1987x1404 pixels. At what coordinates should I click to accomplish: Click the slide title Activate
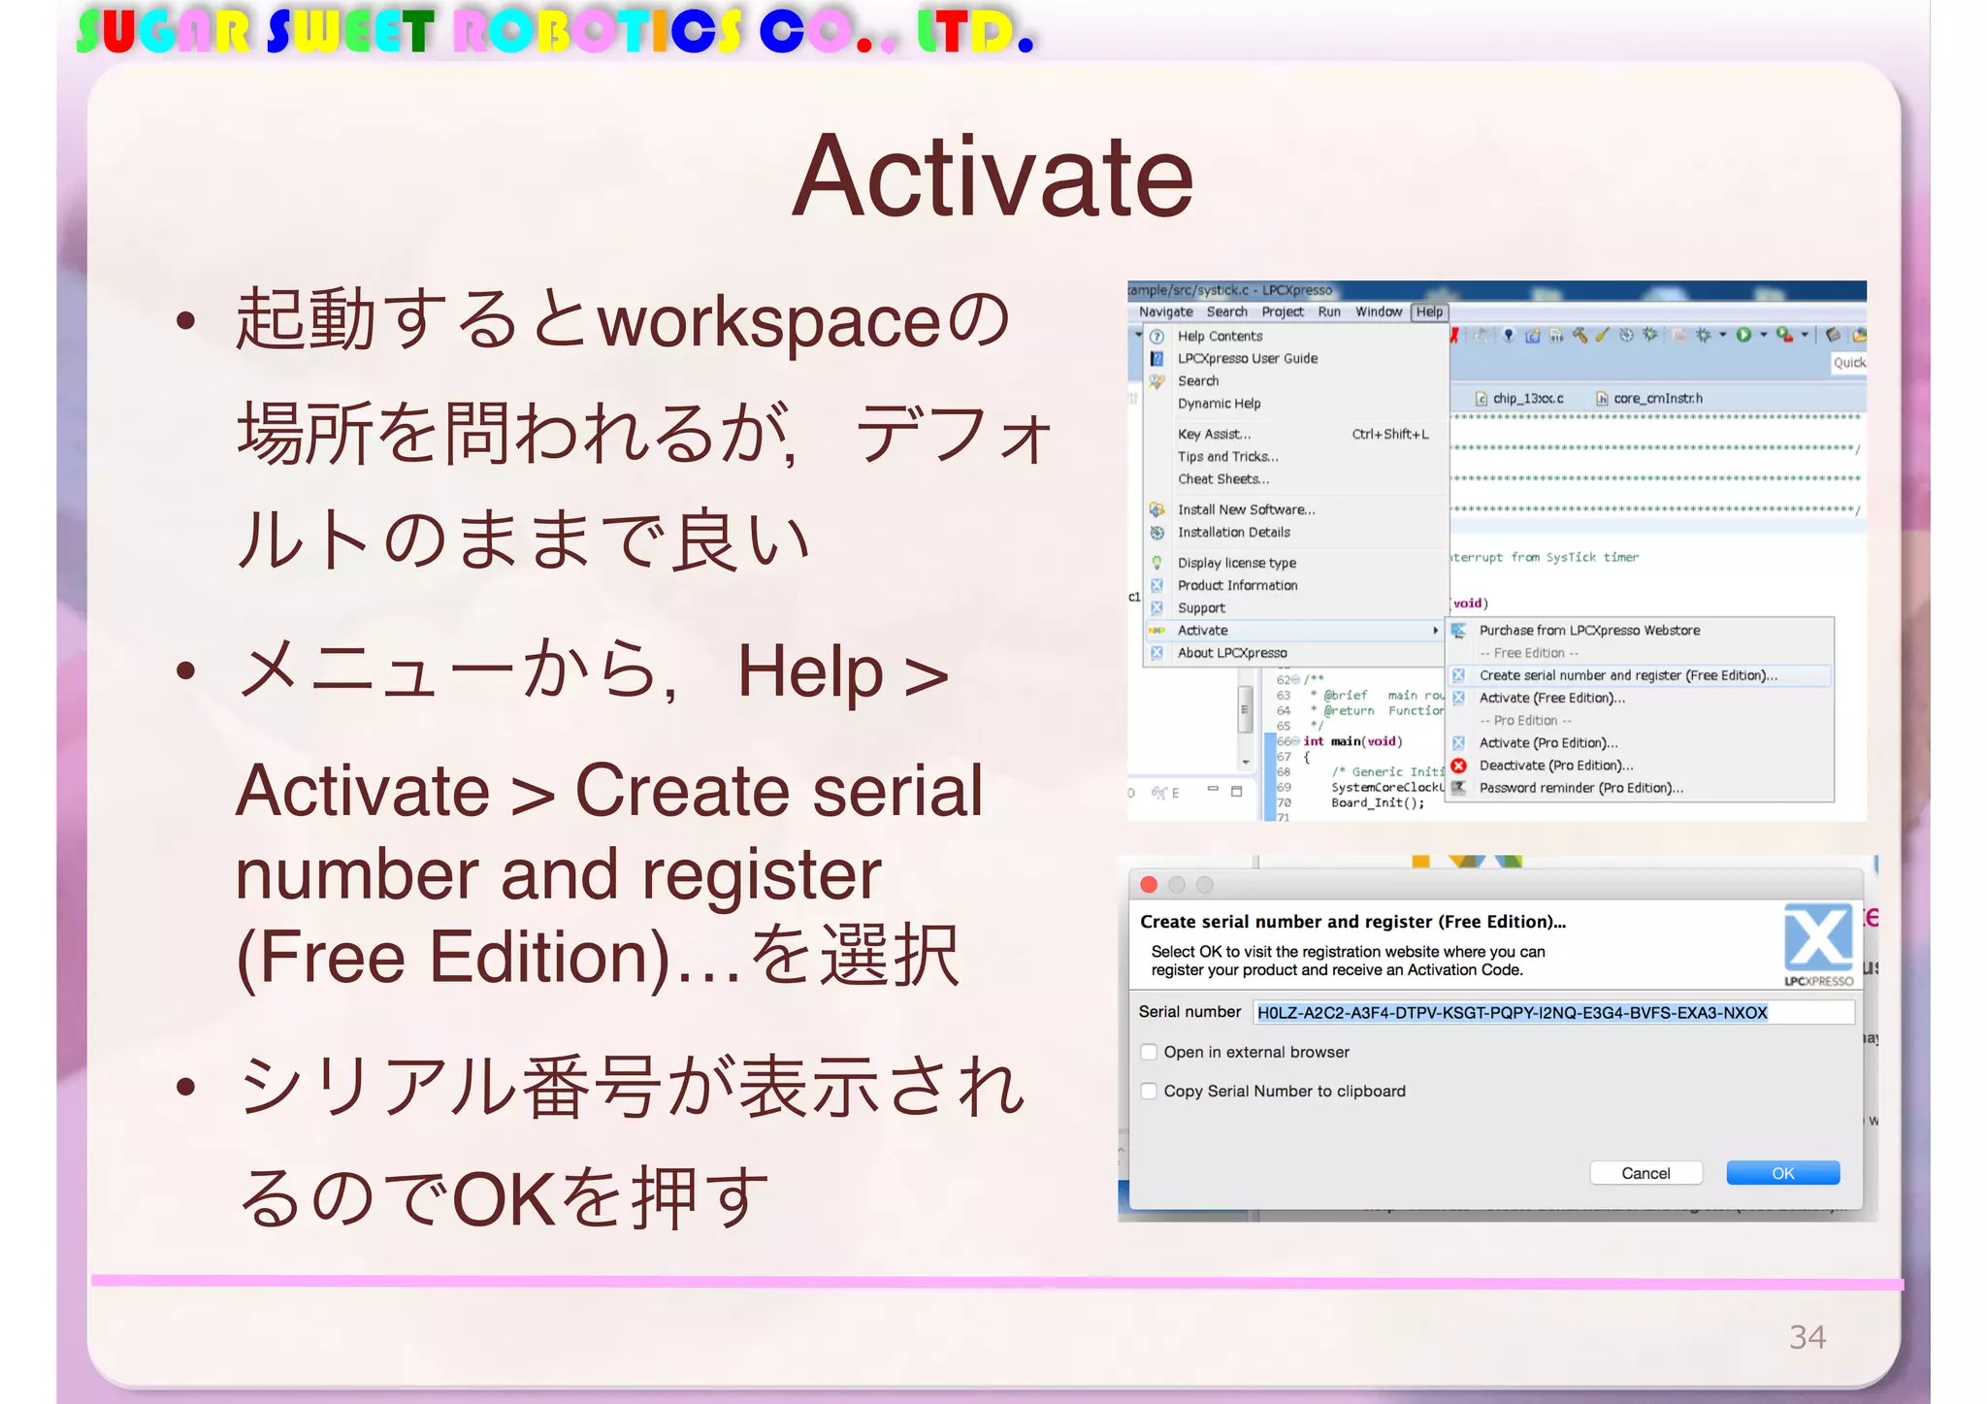[x=992, y=178]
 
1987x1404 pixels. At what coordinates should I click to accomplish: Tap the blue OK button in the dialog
[x=1782, y=1173]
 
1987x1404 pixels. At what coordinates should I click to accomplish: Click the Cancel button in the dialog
[x=1645, y=1173]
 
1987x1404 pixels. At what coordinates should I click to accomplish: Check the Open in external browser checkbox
[x=1150, y=1052]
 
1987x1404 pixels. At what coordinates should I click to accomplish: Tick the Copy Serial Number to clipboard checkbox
[x=1150, y=1091]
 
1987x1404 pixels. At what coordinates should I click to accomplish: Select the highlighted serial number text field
[x=1552, y=1013]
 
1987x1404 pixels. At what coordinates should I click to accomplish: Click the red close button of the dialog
[x=1150, y=884]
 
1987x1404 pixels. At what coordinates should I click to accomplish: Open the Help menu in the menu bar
[x=1429, y=311]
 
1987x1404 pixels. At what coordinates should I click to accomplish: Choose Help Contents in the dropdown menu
[x=1220, y=336]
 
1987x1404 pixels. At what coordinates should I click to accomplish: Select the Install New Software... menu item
[x=1246, y=509]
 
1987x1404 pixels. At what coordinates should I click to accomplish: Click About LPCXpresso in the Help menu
[x=1232, y=653]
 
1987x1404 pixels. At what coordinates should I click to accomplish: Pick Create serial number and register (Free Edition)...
[x=1628, y=675]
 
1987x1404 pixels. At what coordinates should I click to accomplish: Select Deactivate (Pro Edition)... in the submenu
[x=1555, y=766]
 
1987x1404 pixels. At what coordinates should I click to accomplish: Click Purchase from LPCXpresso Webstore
[x=1589, y=631]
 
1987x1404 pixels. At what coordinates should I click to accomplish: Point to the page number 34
[x=1807, y=1337]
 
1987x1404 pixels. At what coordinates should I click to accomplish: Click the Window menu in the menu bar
[x=1378, y=311]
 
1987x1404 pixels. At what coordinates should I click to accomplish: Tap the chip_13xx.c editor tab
[x=1527, y=398]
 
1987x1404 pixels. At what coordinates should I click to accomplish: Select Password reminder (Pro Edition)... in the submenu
[x=1580, y=788]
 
